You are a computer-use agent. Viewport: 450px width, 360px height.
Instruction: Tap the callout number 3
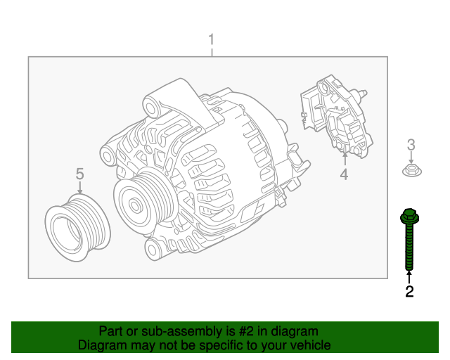(411, 145)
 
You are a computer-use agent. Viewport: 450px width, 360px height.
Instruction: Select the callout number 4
(344, 174)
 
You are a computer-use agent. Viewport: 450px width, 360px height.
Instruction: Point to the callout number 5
(79, 173)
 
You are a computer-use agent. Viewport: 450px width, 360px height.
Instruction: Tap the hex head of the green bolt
(409, 217)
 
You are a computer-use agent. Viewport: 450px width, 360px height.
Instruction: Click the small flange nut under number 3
(411, 169)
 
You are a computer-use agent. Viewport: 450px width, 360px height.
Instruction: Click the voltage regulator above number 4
(337, 116)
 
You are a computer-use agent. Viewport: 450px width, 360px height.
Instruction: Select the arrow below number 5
(79, 188)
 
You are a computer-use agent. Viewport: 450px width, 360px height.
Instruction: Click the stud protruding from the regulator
(364, 93)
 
